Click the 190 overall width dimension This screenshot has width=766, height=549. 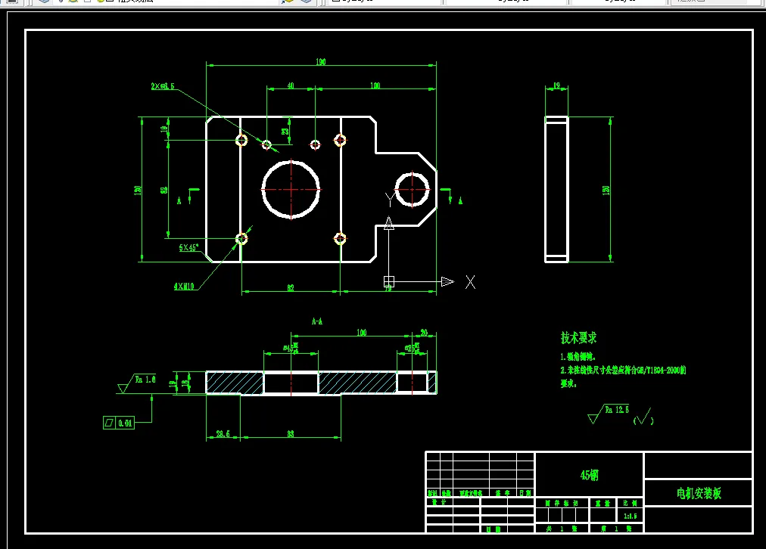(321, 62)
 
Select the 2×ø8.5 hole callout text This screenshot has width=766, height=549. (163, 86)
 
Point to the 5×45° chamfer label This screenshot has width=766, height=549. (189, 247)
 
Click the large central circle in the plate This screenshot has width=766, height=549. (291, 188)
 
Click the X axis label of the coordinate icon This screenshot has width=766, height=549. (470, 282)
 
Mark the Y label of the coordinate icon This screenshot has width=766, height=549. (389, 200)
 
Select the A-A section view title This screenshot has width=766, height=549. (318, 321)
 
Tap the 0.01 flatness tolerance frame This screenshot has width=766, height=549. (119, 423)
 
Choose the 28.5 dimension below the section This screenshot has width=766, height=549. (223, 434)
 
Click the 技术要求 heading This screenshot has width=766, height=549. (578, 337)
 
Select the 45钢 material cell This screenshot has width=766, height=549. (589, 475)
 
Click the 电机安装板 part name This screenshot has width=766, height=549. (699, 493)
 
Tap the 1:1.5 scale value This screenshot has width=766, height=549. (630, 516)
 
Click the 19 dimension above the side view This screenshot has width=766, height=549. (556, 87)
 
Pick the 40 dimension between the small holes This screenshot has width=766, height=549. (291, 86)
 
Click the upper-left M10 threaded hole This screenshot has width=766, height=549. (241, 140)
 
